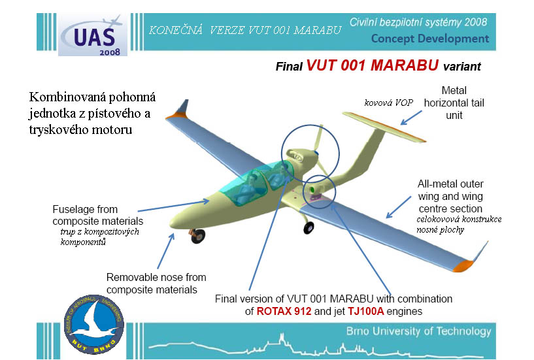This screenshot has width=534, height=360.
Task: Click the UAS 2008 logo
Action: [93, 35]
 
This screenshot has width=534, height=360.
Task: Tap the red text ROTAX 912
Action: [284, 311]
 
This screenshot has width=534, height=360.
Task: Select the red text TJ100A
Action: [365, 311]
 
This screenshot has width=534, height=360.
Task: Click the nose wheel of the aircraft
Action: [198, 237]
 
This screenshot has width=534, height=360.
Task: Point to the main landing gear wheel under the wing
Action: [309, 227]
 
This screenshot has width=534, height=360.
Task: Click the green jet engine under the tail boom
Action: [312, 189]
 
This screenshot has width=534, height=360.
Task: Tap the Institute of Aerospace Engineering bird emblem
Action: [94, 324]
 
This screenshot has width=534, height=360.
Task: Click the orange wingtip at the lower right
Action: [463, 266]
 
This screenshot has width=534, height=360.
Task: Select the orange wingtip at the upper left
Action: [176, 116]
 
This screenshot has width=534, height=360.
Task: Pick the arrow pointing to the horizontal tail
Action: [411, 118]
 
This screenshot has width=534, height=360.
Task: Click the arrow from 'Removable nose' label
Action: [166, 251]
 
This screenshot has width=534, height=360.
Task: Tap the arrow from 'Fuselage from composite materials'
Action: [174, 206]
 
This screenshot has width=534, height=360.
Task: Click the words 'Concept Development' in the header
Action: [430, 39]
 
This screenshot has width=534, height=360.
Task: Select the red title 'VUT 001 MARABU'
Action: [373, 65]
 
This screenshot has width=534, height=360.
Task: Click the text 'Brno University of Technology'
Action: [418, 331]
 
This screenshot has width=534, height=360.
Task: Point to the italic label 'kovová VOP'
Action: [389, 103]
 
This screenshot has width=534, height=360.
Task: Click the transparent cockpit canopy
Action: [256, 182]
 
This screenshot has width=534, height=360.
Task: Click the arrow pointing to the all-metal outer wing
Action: [399, 207]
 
